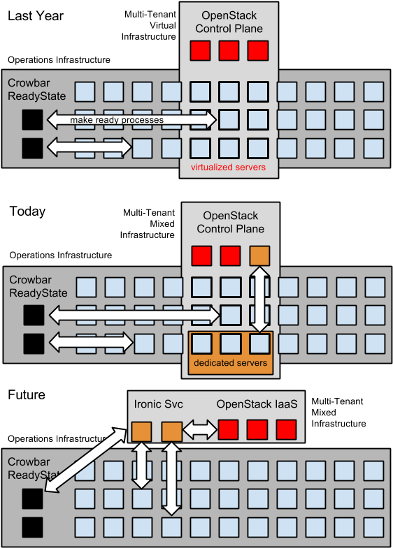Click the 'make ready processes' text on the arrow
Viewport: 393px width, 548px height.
pos(116,120)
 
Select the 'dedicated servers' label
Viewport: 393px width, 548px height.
pos(231,363)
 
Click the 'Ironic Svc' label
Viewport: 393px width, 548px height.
pos(158,404)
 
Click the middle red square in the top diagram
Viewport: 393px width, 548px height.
pos(229,51)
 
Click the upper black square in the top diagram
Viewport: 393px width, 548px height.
pos(32,121)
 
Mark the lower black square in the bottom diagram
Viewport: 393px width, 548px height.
pos(32,527)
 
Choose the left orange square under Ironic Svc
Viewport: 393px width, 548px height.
pos(142,431)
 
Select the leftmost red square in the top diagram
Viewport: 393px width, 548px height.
pos(201,51)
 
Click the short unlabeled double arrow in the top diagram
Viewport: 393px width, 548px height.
pos(90,147)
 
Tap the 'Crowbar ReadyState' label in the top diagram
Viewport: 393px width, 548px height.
pos(32,89)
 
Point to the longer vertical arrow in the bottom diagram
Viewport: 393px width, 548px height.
pos(171,480)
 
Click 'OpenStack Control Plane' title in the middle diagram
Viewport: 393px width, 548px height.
pos(230,223)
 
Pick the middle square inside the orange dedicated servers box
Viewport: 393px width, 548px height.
pos(231,343)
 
